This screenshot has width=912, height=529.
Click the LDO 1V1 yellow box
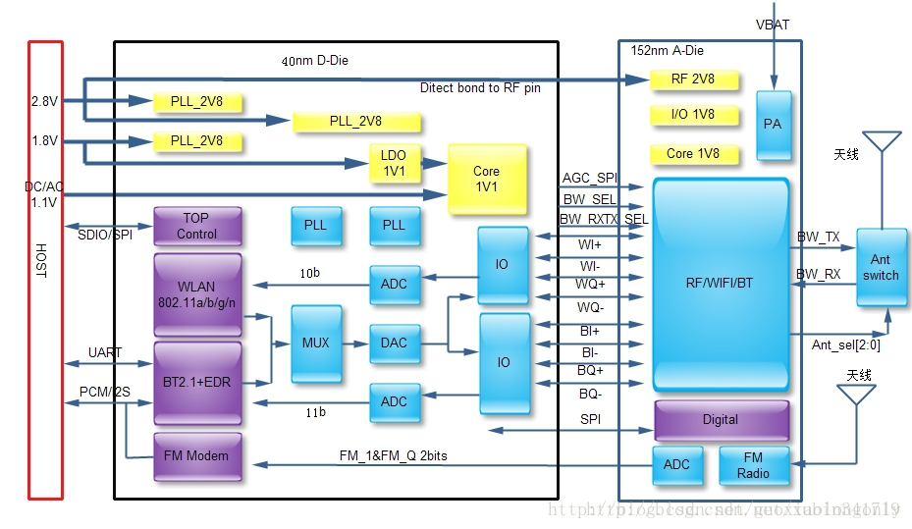click(x=394, y=163)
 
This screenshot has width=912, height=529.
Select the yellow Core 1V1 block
click(x=486, y=179)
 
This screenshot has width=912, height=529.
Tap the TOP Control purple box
click(x=196, y=226)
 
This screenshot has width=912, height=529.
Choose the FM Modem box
click(x=196, y=456)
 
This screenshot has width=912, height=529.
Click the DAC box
click(x=394, y=344)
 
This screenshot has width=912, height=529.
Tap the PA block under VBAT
click(x=773, y=125)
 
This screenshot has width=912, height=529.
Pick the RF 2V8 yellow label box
click(x=692, y=79)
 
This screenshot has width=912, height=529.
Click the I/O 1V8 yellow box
click(x=692, y=115)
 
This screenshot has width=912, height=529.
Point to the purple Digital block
click(x=721, y=420)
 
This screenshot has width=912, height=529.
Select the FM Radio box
click(x=753, y=465)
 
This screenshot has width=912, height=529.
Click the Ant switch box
click(x=881, y=268)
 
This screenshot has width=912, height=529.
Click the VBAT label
click(x=772, y=24)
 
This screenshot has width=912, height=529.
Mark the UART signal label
click(x=105, y=351)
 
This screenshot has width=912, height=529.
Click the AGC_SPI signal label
click(x=589, y=179)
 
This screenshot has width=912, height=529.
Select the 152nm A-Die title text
click(x=667, y=51)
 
